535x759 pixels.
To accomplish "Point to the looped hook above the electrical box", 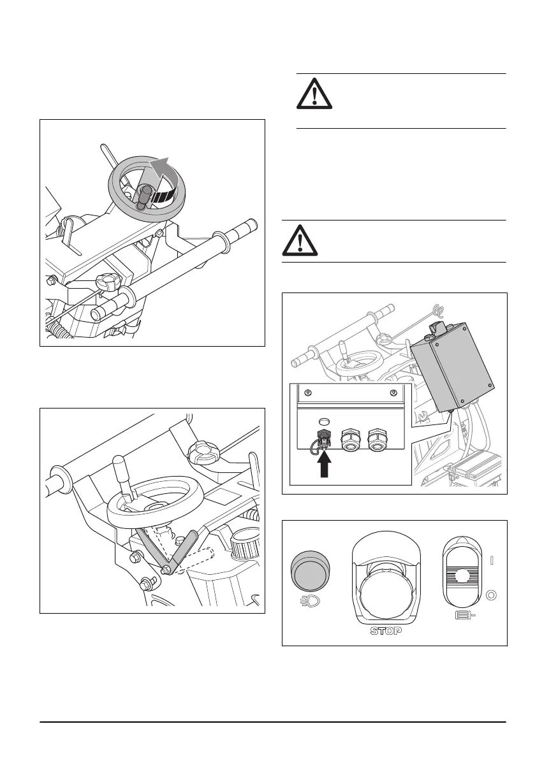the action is tap(438, 310).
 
